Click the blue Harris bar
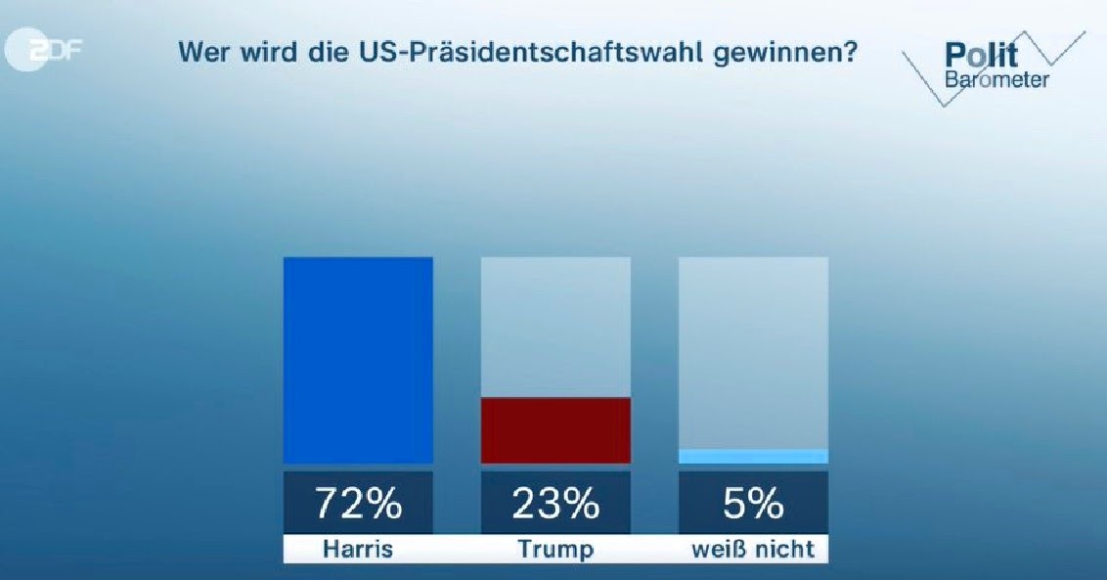point(358,360)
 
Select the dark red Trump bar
point(555,430)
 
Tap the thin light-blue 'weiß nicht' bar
point(753,456)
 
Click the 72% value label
point(358,504)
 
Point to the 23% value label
point(555,504)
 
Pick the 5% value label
point(753,504)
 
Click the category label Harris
point(358,549)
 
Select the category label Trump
point(555,549)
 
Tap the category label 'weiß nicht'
point(753,549)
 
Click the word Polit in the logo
point(982,55)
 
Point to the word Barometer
point(996,78)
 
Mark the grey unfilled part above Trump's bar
point(555,327)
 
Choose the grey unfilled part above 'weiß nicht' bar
point(753,352)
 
